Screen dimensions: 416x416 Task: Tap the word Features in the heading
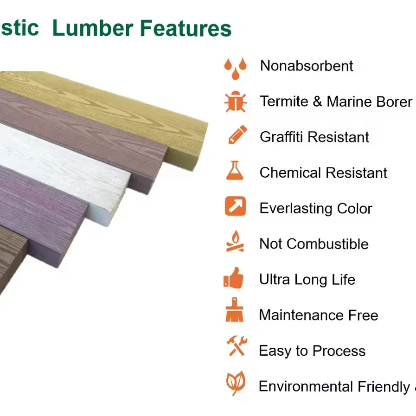[186, 28]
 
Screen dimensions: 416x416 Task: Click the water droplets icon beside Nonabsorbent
[236, 68]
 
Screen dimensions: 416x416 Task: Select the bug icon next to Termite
[235, 102]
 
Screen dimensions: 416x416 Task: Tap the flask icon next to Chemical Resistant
[235, 171]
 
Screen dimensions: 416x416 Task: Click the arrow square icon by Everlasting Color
[235, 206]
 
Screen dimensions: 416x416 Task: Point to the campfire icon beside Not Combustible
[235, 242]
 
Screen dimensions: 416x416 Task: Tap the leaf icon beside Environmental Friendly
[236, 383]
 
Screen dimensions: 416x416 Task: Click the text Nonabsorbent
[307, 66]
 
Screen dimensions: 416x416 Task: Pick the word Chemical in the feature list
[290, 173]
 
